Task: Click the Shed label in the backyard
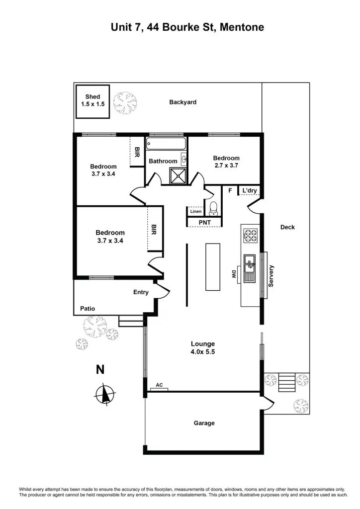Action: tap(92, 97)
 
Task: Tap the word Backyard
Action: tap(182, 102)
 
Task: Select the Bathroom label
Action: tap(163, 161)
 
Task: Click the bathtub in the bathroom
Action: tap(166, 144)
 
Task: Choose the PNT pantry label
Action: tap(205, 222)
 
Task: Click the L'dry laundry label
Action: tap(250, 190)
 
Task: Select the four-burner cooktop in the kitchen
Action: tap(250, 235)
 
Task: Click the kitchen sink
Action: tap(249, 262)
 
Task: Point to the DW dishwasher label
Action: tap(233, 273)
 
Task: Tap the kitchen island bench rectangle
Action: tap(213, 266)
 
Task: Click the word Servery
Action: tap(271, 275)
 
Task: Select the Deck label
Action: tap(287, 227)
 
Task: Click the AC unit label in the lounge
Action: tap(159, 385)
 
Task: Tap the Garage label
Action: tap(204, 423)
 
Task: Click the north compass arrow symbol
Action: tap(104, 394)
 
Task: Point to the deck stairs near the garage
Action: tap(287, 382)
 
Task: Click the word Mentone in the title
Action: tap(240, 27)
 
